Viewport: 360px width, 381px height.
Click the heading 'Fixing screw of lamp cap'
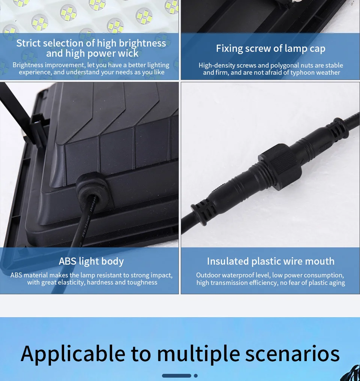(271, 48)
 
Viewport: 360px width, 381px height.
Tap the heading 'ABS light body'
(91, 262)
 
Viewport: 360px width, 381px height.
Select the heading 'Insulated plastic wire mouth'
(271, 261)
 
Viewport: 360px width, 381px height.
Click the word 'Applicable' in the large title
(73, 354)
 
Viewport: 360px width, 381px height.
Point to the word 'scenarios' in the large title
(292, 354)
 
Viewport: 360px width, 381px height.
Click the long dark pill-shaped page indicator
(177, 376)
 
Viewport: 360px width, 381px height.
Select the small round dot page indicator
(196, 376)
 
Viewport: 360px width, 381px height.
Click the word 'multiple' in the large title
(199, 354)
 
